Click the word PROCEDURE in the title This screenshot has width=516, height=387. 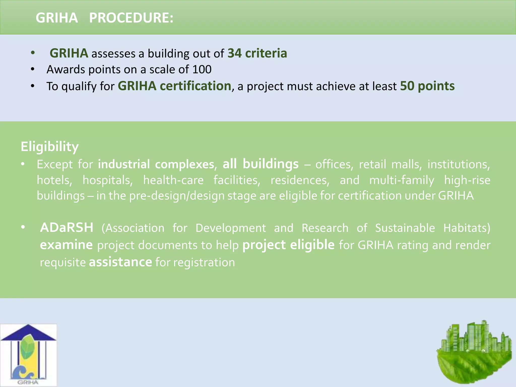(x=131, y=18)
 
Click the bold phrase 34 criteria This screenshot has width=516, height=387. (x=257, y=53)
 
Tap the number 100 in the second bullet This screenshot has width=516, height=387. (x=202, y=70)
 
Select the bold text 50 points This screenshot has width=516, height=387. (x=427, y=86)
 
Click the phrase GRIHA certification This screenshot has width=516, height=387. (x=174, y=86)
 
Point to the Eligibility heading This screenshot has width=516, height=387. (x=50, y=146)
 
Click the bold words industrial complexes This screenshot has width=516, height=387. (x=156, y=164)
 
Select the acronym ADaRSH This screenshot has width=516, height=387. (x=67, y=228)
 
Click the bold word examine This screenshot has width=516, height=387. (x=66, y=245)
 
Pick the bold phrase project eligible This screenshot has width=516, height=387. (x=288, y=245)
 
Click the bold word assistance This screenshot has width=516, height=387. (x=120, y=262)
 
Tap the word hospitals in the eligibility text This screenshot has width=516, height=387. (x=108, y=180)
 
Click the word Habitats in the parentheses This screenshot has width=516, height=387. (x=467, y=228)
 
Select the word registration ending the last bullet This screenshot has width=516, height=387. (x=204, y=263)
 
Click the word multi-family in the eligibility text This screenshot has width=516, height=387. (x=402, y=180)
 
